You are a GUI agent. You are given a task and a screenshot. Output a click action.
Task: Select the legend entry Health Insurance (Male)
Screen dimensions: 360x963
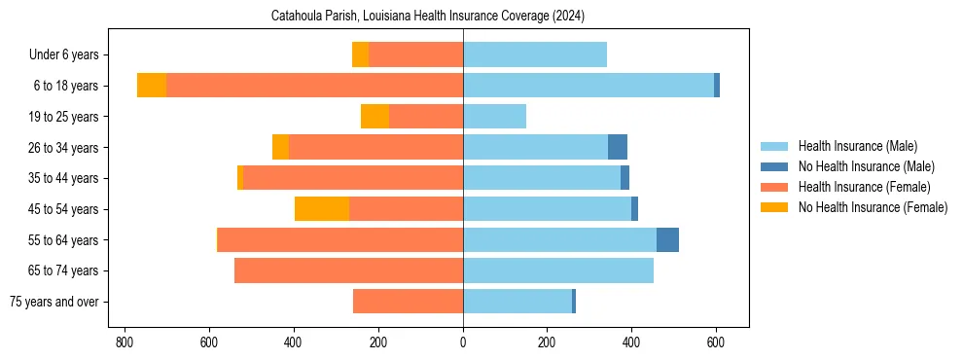click(857, 146)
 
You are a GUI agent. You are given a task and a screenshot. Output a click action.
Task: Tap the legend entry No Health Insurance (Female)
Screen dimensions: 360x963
click(873, 207)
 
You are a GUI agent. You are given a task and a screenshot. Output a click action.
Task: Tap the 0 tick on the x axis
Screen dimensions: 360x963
click(463, 342)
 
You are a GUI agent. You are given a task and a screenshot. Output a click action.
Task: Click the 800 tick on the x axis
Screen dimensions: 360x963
click(124, 342)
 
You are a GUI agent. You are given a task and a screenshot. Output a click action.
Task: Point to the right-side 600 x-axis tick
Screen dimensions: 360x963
click(716, 342)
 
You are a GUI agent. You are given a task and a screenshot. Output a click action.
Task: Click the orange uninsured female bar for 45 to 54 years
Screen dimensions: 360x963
click(322, 209)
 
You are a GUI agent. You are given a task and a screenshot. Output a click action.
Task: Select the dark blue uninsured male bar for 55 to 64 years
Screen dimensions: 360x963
click(667, 240)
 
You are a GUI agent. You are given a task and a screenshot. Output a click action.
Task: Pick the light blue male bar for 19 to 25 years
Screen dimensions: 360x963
click(494, 117)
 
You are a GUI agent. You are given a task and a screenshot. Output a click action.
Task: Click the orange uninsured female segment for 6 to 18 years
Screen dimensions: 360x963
click(152, 86)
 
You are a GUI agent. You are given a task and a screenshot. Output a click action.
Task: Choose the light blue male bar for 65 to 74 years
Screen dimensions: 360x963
click(558, 270)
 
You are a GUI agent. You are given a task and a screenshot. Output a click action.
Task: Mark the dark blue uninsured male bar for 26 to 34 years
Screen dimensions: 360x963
click(618, 148)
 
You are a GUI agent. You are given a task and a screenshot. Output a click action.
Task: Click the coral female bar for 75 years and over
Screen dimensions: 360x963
click(408, 302)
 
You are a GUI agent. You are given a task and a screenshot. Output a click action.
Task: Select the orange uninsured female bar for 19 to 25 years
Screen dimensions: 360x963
click(374, 117)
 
